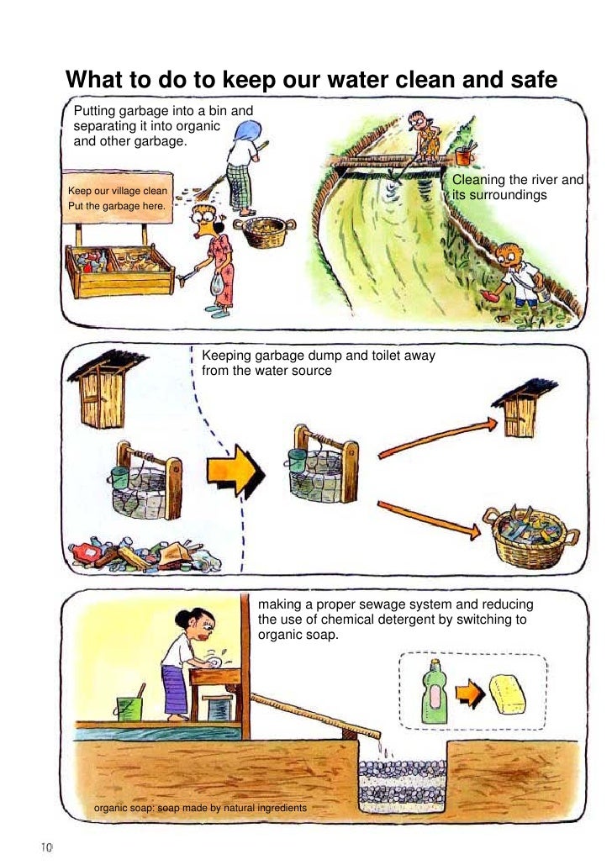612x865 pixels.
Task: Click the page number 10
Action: [x=45, y=847]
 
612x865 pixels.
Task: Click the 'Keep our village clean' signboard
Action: [x=118, y=198]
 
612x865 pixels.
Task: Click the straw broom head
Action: [x=207, y=190]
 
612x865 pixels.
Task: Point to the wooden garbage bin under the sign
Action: [x=119, y=272]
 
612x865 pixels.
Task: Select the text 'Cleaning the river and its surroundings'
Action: [x=518, y=187]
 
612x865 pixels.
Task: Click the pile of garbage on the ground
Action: [x=145, y=554]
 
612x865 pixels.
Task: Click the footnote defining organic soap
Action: [x=200, y=808]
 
